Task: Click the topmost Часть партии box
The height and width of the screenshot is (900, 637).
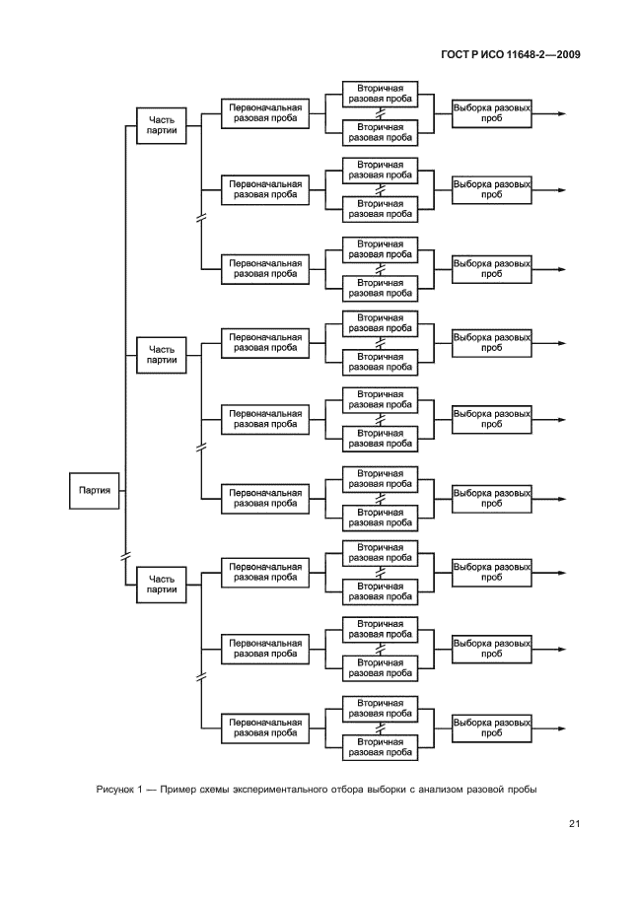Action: [x=161, y=125]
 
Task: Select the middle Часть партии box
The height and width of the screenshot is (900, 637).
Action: [x=161, y=354]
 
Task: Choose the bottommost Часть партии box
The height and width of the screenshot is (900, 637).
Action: [x=161, y=584]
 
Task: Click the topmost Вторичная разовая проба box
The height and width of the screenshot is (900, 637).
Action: [x=380, y=95]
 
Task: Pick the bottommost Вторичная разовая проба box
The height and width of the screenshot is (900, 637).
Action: [x=380, y=746]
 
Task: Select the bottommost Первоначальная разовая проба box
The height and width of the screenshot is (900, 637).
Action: [x=265, y=728]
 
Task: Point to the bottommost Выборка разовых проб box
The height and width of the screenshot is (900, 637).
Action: [x=491, y=728]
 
